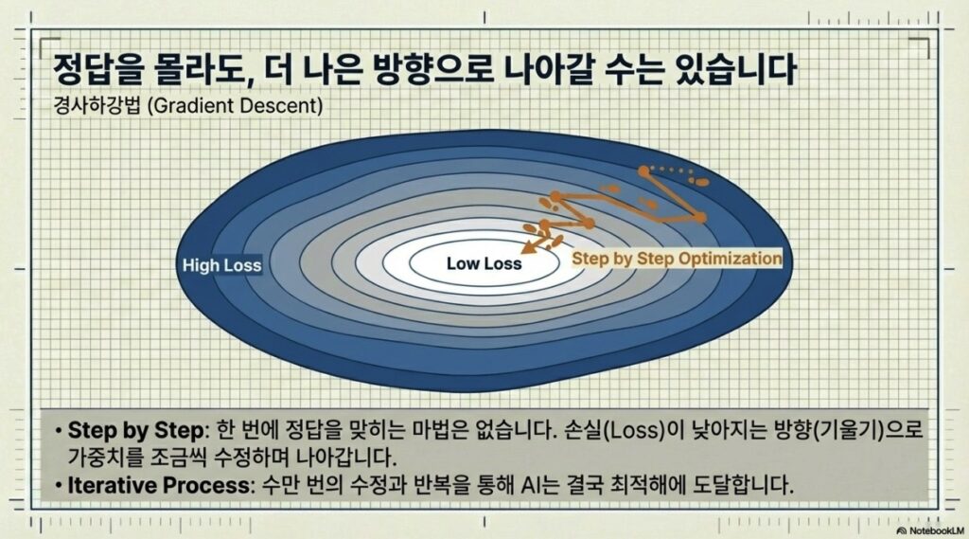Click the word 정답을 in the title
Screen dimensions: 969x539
96,69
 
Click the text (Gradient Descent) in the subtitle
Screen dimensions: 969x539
235,106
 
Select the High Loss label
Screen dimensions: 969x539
221,265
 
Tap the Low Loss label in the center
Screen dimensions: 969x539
484,263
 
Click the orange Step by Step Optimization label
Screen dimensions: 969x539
677,258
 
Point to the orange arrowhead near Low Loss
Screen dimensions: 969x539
527,247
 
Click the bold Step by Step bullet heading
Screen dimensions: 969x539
135,430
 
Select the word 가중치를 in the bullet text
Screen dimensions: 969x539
106,458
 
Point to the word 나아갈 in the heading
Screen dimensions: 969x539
550,69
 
